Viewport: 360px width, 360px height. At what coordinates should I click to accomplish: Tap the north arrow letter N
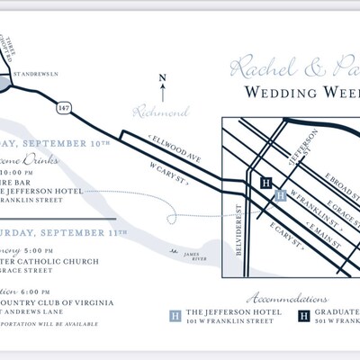coord(162,79)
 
